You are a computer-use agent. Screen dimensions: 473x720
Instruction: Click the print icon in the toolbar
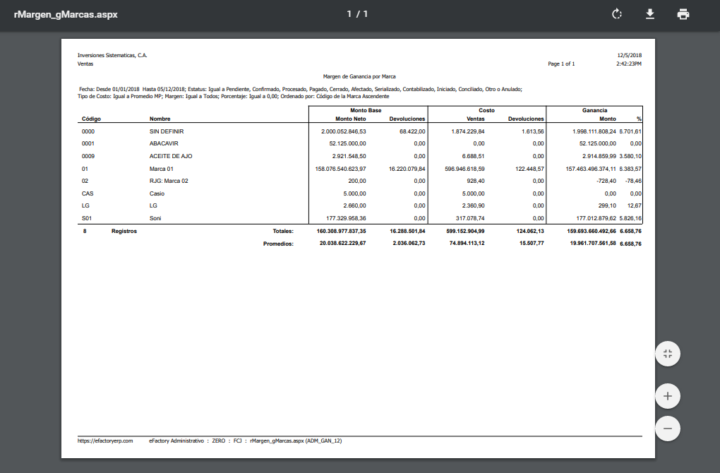coord(683,14)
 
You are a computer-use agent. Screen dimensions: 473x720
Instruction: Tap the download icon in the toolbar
coord(649,14)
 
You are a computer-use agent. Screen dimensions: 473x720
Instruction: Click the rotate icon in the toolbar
coord(616,14)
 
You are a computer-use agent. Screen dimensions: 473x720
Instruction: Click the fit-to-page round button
coord(667,354)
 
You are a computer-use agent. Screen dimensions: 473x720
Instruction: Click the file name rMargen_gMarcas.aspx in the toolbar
coord(66,14)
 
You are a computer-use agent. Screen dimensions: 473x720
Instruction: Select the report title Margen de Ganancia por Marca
coord(359,76)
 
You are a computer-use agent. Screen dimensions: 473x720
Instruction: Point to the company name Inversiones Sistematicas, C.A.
coord(112,55)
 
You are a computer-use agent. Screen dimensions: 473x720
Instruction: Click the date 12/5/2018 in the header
coord(629,55)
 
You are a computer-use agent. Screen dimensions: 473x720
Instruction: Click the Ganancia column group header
coord(594,111)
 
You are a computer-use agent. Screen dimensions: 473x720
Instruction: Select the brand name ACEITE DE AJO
coord(171,156)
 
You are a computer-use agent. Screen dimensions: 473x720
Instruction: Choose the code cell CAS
coord(88,193)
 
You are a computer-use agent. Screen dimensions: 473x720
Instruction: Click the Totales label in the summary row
coord(283,231)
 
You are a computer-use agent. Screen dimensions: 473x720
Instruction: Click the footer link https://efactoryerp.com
coord(105,441)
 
